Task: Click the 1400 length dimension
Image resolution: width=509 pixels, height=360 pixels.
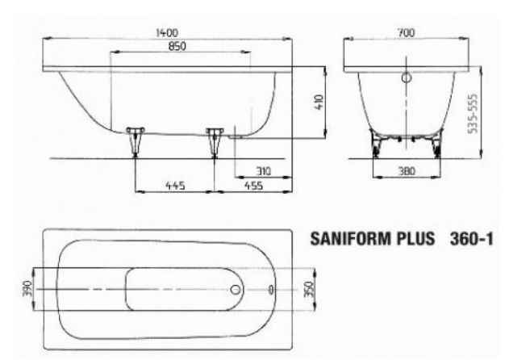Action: click(168, 32)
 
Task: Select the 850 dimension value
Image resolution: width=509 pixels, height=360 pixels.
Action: click(177, 46)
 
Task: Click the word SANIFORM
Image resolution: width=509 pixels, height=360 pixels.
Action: click(346, 240)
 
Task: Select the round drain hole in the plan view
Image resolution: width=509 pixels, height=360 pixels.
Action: click(236, 289)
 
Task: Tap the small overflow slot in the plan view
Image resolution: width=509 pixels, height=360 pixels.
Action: click(270, 289)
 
